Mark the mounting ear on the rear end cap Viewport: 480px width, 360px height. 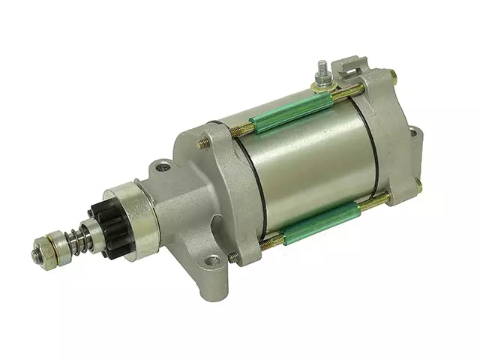[415, 136]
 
